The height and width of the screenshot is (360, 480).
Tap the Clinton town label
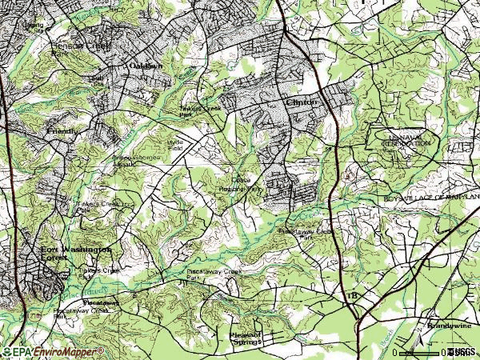coord(302,102)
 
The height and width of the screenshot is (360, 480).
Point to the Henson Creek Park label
coord(71,46)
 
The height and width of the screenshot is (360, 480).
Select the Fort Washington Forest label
coord(76,254)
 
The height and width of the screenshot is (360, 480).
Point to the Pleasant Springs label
coord(245,339)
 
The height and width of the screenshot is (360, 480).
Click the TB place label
coord(353,296)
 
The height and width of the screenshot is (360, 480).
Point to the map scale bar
coord(421,351)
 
